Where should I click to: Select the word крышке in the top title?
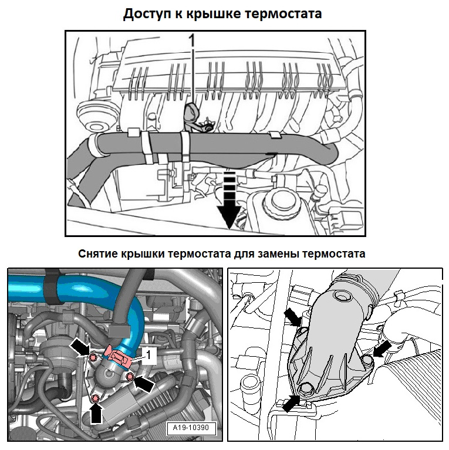click(214, 14)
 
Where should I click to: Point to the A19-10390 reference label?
click(191, 428)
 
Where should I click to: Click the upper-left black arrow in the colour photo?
click(80, 346)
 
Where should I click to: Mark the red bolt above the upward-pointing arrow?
click(96, 399)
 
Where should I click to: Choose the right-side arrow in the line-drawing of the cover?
click(380, 351)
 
